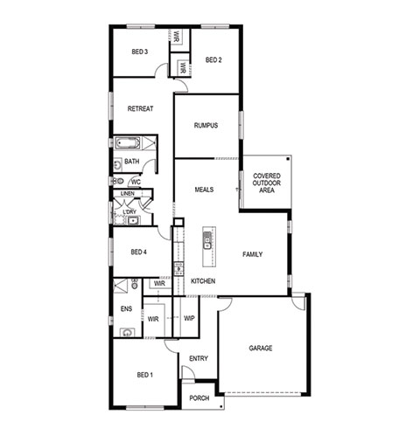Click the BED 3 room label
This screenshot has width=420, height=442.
pos(139,52)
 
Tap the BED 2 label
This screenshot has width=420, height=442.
pos(213,60)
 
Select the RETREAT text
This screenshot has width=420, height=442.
pos(140,108)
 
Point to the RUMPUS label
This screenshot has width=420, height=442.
pos(206,126)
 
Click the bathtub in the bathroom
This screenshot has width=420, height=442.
pos(128,143)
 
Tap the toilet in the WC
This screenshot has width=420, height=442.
pos(118,182)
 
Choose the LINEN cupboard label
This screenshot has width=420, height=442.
pos(128,193)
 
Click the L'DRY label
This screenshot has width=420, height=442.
pos(129,211)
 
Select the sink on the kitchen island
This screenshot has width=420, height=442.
pos(207,240)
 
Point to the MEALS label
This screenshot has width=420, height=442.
pos(204,190)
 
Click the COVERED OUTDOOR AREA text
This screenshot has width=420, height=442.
pos(267,183)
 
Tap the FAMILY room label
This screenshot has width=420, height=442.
pos(253,254)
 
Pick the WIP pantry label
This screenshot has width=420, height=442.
pos(189,318)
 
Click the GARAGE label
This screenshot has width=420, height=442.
pos(261,348)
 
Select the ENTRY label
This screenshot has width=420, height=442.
pos(199,359)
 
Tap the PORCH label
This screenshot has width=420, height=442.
pos(199,398)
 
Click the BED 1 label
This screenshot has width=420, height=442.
pos(145,375)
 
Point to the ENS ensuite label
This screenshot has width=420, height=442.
pos(126,309)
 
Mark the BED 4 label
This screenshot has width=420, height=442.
pos(138,252)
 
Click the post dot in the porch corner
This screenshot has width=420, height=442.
pos(221,406)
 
